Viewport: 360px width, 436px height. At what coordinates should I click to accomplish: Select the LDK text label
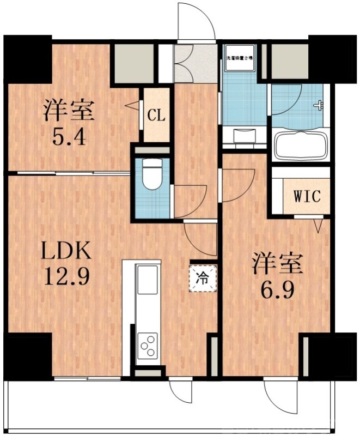pos(66,252)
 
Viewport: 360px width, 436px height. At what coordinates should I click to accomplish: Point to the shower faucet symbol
pos(318,106)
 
